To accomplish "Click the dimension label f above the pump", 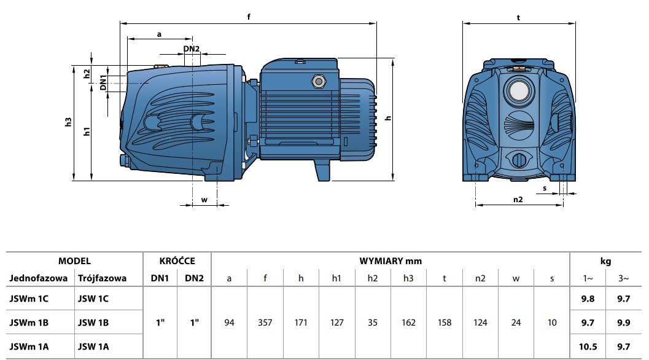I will (249, 17).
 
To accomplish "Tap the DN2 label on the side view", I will (191, 49).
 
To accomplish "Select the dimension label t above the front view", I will (518, 18).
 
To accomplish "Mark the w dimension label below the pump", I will (204, 199).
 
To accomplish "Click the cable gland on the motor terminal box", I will (319, 80).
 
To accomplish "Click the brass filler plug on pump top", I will (161, 65).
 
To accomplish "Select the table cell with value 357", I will (265, 323).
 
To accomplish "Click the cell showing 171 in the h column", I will (301, 323).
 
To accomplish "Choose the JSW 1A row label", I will (93, 346).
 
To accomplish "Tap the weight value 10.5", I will (588, 346).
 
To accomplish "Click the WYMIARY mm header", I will (390, 261).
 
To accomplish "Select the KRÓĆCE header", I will (177, 261).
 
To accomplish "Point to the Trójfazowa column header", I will (102, 278).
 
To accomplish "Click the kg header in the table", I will (605, 261).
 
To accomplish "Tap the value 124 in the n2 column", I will (480, 323).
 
